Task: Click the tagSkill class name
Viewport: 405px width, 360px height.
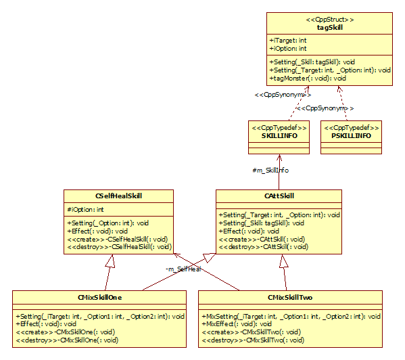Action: [x=329, y=27]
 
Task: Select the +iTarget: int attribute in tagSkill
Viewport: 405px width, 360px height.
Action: [x=288, y=41]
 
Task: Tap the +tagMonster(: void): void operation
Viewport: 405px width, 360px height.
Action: [x=308, y=78]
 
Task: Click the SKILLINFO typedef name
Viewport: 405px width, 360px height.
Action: [x=279, y=136]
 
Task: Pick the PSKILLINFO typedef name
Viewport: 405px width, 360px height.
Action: [x=352, y=136]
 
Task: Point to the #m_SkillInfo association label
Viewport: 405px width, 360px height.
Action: [x=270, y=171]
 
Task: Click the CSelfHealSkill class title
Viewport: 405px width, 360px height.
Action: [x=118, y=196]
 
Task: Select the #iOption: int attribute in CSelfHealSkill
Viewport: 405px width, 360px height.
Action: [x=85, y=209]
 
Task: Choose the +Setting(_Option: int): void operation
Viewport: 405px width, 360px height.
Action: [x=108, y=223]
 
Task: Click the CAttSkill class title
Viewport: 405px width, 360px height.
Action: [x=279, y=196]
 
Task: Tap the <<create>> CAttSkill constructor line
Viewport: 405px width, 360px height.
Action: [x=262, y=240]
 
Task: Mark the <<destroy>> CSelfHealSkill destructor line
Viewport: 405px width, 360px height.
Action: [x=119, y=247]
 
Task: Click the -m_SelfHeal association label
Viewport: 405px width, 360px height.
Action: [x=183, y=269]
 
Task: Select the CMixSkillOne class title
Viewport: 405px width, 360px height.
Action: [x=99, y=298]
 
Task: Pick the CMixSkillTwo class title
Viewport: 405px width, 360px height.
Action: [x=290, y=298]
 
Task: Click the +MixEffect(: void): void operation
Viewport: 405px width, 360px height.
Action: [x=237, y=324]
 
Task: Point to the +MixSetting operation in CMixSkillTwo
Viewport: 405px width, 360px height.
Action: [x=291, y=316]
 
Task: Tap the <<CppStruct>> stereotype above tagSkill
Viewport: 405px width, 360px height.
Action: [x=330, y=20]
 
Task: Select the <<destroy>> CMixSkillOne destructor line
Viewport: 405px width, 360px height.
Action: [x=67, y=340]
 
